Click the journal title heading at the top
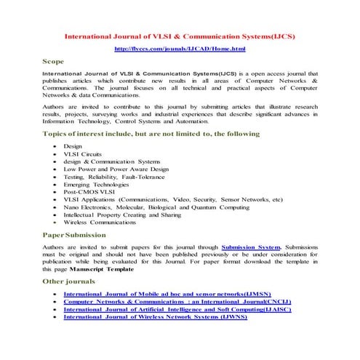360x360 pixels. coord(180,35)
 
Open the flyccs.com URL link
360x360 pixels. coord(180,48)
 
